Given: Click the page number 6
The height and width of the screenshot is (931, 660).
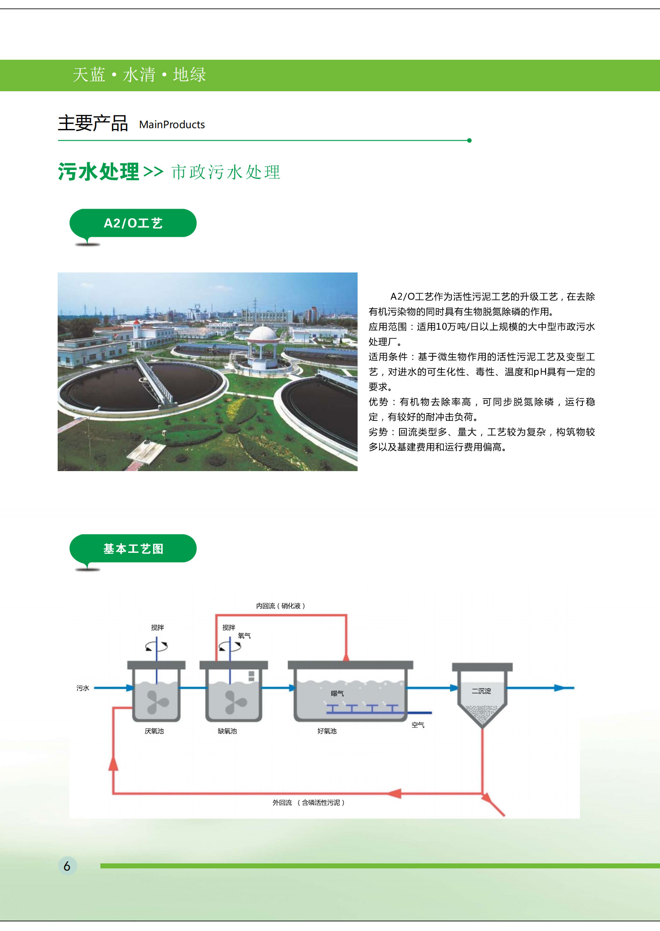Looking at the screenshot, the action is [67, 866].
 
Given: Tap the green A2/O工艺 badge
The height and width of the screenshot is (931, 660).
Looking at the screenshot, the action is [133, 223].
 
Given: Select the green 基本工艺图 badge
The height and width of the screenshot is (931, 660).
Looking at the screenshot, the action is [133, 548].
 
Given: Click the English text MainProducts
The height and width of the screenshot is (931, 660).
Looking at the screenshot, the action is [172, 124].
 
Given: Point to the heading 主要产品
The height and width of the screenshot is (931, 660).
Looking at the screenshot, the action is [93, 123].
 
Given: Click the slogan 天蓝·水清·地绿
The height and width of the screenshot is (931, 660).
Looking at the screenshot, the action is [139, 75].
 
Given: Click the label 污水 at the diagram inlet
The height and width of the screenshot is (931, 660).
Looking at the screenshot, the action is [83, 688].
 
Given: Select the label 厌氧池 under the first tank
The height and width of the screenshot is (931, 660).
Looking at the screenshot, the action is [154, 731].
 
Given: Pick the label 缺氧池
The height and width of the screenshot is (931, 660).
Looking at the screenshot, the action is [227, 731].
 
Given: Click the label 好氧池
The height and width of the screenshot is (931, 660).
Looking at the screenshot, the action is [327, 731].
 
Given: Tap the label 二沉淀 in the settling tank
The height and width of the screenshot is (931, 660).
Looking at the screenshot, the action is [481, 691].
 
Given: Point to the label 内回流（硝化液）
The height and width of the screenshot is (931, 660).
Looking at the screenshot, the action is [280, 606].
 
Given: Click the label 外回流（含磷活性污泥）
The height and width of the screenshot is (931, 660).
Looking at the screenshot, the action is [308, 802].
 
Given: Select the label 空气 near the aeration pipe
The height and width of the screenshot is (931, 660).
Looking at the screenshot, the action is [418, 725].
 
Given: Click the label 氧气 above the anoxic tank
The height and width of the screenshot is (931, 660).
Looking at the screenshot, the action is [244, 636].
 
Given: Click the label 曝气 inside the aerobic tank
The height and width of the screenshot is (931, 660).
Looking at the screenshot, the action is [337, 693].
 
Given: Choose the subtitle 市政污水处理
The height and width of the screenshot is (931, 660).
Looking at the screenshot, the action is [226, 172].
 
